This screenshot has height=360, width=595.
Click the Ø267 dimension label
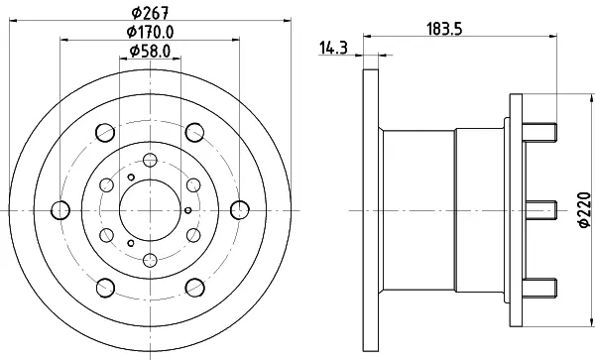point(150,13)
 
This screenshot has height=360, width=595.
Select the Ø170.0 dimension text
point(151,32)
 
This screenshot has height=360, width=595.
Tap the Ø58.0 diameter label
point(151,51)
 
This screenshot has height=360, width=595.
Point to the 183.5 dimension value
point(444,29)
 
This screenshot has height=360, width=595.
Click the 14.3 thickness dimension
point(333,49)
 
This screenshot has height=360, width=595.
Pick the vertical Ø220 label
point(585,210)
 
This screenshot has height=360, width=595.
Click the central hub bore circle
point(151,210)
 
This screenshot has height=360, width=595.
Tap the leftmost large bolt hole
point(60,210)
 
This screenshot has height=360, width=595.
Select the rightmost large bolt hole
point(240,210)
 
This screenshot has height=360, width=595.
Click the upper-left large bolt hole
point(105,132)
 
